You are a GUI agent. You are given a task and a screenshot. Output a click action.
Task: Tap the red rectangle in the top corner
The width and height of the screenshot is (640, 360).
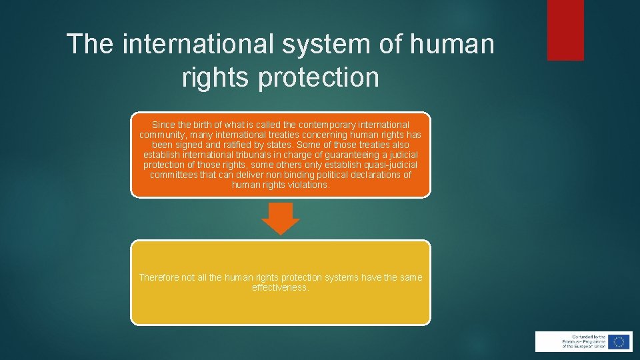[565, 30]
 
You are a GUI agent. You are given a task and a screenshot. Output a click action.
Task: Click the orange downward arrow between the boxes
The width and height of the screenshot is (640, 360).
[281, 218]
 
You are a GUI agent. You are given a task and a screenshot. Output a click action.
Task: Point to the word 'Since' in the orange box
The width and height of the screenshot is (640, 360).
[163, 125]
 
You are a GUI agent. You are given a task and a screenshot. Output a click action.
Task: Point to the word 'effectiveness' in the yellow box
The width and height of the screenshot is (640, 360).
[280, 287]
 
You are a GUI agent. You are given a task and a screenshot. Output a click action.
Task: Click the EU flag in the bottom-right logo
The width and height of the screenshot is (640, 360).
[619, 341]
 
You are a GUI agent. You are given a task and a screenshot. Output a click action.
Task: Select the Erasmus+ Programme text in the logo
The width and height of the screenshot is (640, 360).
[575, 341]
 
